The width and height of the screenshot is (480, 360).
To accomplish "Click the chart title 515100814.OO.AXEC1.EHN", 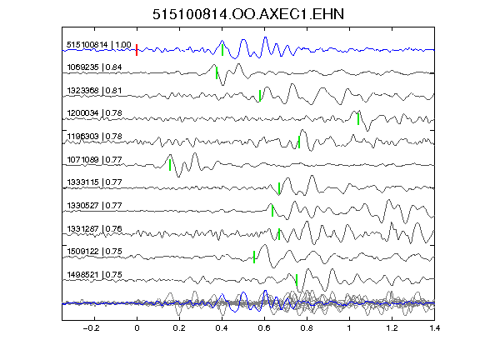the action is (x=248, y=14).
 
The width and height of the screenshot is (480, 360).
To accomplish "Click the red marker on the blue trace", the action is (x=137, y=50).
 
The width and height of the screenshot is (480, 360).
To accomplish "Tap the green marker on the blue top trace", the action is (x=222, y=50).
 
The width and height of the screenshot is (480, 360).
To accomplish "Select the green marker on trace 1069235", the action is (x=217, y=73).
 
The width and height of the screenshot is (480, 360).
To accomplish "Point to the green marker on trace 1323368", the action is (x=260, y=96).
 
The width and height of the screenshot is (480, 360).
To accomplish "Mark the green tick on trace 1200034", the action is (x=358, y=119).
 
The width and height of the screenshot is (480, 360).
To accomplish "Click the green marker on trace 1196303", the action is (x=299, y=142).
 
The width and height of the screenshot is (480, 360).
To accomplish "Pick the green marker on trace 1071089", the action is (x=170, y=165).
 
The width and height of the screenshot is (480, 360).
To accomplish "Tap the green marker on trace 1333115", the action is (x=279, y=188).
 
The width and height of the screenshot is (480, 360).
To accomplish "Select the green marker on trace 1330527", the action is (x=272, y=211).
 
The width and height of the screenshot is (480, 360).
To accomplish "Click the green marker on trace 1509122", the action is (x=254, y=257).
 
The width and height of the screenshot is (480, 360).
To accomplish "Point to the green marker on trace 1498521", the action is (x=297, y=280).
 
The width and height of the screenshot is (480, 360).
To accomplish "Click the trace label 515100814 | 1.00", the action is (x=99, y=45).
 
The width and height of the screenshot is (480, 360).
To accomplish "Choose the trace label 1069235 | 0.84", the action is (x=94, y=67).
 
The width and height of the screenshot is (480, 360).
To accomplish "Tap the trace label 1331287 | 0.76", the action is (x=94, y=228).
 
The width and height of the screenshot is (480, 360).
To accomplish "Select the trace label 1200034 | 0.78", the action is (x=94, y=113).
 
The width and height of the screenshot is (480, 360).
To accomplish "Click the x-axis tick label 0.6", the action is (x=264, y=328).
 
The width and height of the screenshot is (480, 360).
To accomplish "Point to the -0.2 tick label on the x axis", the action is (x=91, y=328).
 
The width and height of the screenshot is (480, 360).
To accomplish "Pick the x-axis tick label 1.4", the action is (x=434, y=328).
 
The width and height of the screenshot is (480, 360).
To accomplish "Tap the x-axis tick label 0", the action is (x=137, y=328).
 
